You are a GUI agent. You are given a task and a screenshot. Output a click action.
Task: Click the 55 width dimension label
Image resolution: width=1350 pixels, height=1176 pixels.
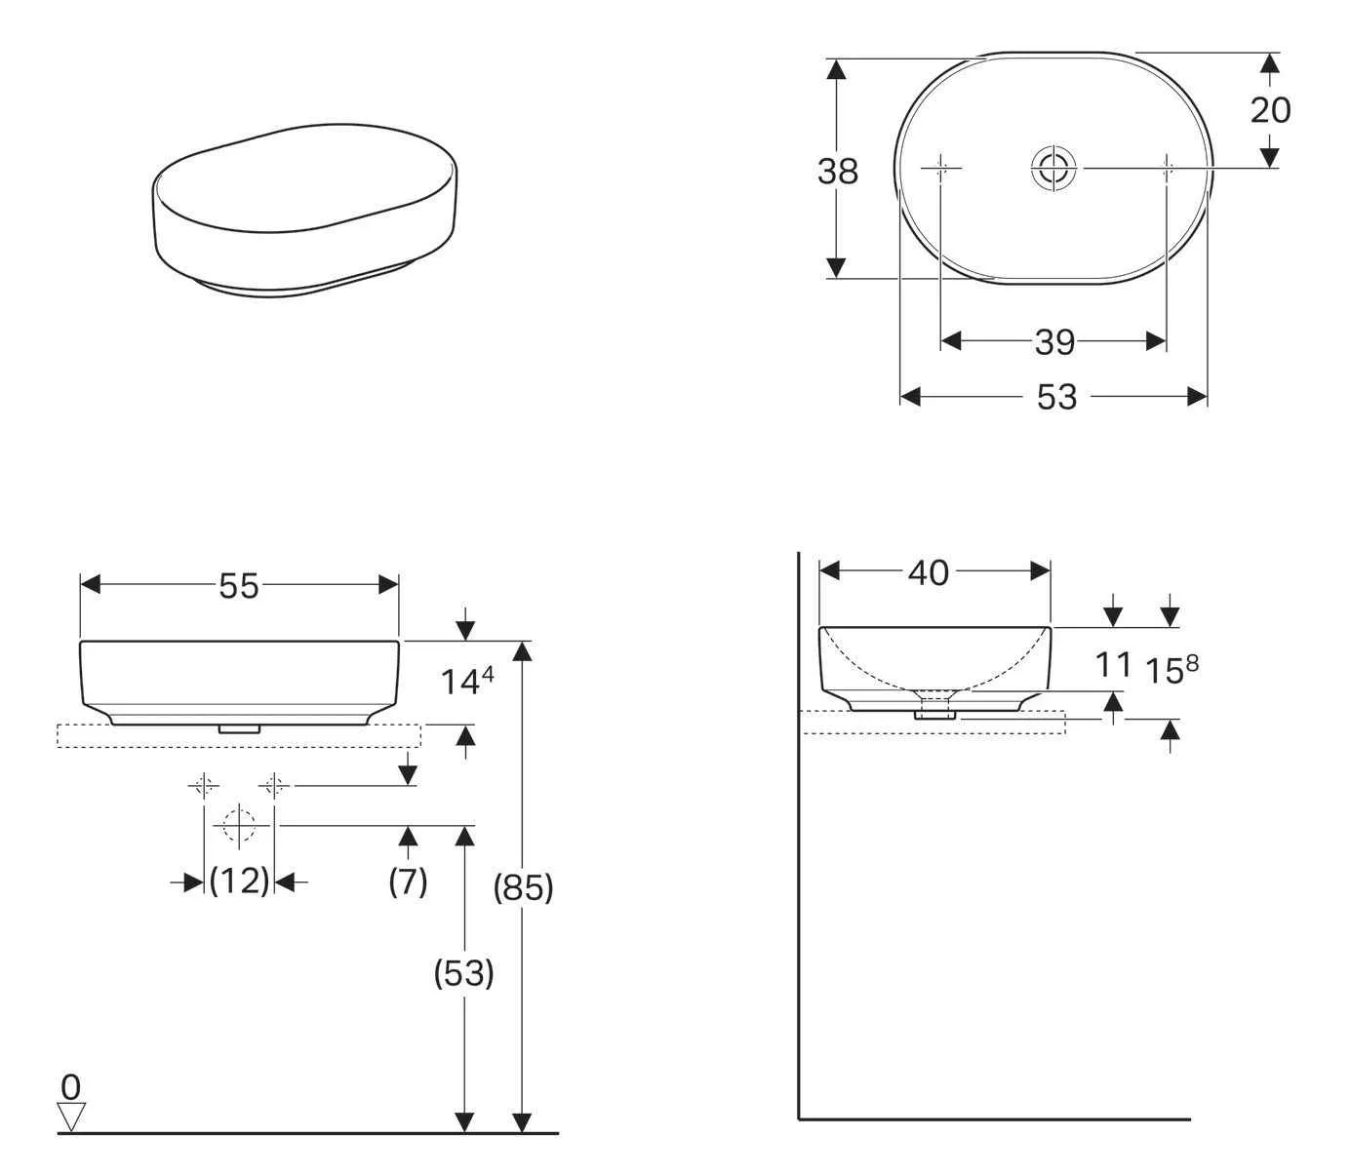(239, 586)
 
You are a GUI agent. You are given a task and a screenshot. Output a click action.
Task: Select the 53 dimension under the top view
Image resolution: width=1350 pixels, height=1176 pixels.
(1056, 397)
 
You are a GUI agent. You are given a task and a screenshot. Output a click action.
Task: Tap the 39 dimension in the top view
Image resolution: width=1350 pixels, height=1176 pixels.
(1054, 342)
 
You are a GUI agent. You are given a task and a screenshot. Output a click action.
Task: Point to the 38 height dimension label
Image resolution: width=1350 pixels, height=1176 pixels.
(837, 172)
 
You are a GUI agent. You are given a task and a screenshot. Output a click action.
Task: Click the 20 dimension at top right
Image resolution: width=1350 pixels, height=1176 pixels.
(1270, 110)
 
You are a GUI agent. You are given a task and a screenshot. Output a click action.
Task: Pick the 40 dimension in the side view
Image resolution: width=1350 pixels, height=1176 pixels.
(928, 573)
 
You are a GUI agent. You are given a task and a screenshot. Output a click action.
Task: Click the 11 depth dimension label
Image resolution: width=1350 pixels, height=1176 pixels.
(1112, 665)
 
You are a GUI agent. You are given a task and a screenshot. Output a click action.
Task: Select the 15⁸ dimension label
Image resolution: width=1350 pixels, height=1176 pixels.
(1171, 670)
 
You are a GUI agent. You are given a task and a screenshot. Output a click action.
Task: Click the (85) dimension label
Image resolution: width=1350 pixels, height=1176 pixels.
(523, 887)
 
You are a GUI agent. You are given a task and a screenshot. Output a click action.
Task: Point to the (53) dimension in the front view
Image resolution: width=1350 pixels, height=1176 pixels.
(463, 973)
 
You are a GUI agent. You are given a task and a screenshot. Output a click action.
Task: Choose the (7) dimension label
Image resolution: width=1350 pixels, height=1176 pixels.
(408, 882)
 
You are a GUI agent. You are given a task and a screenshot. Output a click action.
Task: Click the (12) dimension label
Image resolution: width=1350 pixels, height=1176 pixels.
(239, 882)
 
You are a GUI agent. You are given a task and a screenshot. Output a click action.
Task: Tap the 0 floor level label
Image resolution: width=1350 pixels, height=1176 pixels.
(70, 1085)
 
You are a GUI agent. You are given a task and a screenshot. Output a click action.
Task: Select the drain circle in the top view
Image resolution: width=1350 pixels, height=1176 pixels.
(1054, 169)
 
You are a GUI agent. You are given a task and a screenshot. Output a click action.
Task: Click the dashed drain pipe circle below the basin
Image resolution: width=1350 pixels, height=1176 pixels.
(239, 825)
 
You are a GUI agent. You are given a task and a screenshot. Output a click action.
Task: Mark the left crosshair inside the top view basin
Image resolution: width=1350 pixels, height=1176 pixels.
(942, 169)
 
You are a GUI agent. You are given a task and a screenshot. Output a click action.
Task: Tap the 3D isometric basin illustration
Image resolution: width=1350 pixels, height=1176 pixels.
(304, 208)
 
